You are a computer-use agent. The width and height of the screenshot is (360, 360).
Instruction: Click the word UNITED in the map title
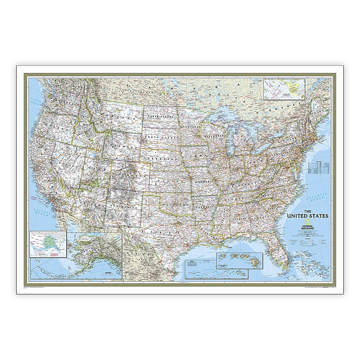pyautogui.click(x=300, y=216)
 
